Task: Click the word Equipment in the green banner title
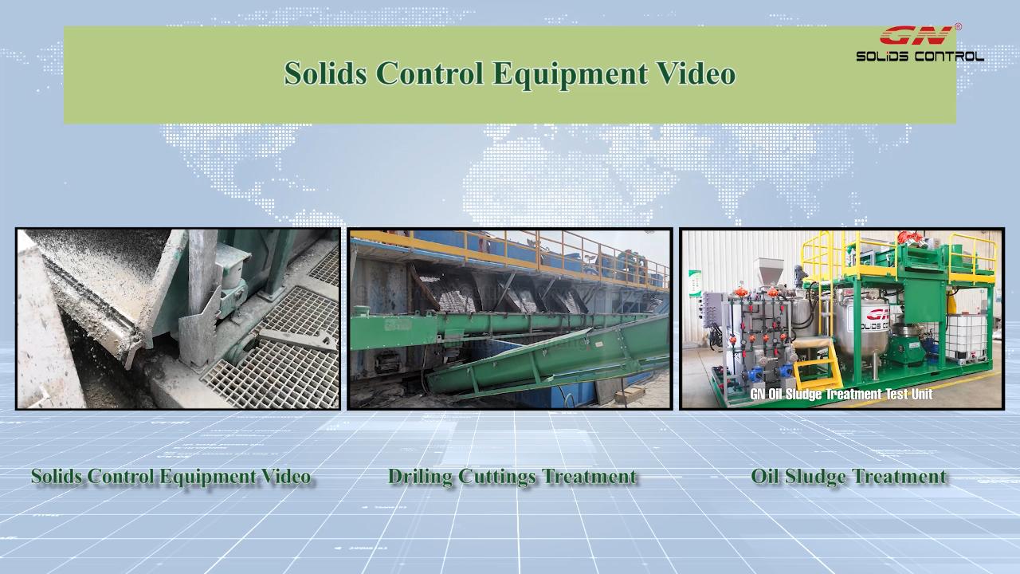point(570,74)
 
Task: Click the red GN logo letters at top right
point(916,36)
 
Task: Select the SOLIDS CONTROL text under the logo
point(920,57)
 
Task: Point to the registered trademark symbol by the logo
point(958,27)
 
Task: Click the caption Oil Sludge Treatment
point(849,477)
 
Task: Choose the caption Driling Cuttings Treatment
point(512,477)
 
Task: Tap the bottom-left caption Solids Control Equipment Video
point(171,477)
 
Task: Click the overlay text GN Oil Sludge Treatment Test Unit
point(841,394)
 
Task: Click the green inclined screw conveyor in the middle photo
point(547,358)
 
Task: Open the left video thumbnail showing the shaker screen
point(178,319)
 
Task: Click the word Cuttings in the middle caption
point(497,478)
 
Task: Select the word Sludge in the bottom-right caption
point(816,478)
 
